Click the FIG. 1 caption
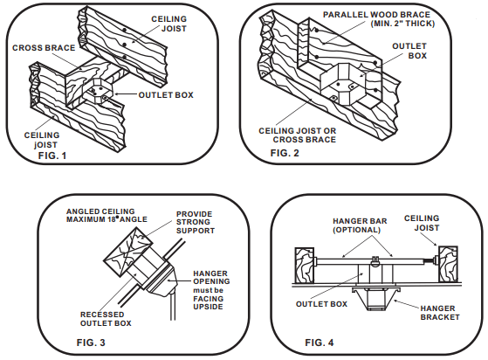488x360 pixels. point(52,156)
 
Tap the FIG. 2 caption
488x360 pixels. point(285,153)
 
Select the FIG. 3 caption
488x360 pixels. point(91,343)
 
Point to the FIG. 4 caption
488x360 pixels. point(320,343)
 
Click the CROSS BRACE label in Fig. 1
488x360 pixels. point(44,48)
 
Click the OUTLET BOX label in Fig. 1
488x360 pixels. point(166,95)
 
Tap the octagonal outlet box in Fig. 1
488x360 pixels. point(100,91)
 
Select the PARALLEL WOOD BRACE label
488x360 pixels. point(376,15)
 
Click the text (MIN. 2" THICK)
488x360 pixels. point(402,24)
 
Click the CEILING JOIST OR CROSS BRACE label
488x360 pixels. point(298,135)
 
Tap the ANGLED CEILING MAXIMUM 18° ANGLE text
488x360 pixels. point(107,215)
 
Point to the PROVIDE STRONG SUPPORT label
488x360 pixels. point(196,222)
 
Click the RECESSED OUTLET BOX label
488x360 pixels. point(106,319)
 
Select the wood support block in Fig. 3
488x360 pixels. point(128,252)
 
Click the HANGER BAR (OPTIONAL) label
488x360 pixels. point(360,225)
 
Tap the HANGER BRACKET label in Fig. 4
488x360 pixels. point(440,313)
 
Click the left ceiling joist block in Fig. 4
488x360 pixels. point(304,265)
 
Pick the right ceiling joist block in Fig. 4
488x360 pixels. point(448,263)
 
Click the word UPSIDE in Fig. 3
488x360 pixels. point(208,307)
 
